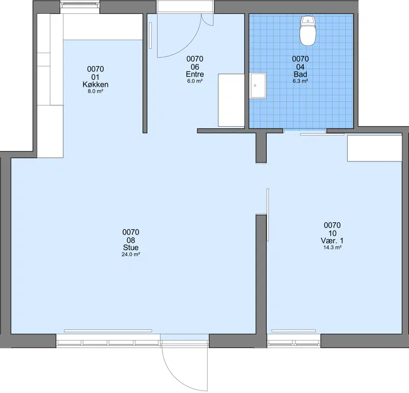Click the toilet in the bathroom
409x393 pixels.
[308, 31]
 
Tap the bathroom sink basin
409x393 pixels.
[258, 85]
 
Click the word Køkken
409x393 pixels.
[96, 84]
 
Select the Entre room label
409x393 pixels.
[195, 74]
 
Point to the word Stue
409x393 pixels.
[131, 247]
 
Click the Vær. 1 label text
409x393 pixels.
[332, 240]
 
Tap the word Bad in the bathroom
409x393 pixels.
[300, 74]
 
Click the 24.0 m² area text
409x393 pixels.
[131, 255]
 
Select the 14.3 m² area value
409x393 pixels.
[332, 247]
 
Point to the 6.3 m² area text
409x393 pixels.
[300, 81]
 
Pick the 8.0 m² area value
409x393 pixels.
[96, 91]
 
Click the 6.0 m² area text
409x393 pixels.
[195, 81]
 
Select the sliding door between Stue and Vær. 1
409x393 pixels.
[267, 215]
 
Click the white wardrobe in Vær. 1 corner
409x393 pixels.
[374, 148]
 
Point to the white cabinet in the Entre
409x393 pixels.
[231, 100]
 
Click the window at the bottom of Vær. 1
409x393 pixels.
[293, 341]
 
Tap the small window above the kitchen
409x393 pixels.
[80, 7]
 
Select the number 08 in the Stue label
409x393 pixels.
[131, 240]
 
